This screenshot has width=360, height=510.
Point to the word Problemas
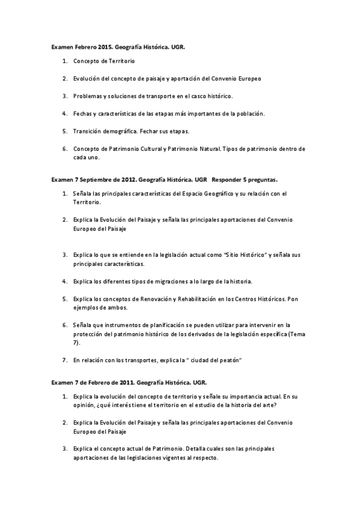87,96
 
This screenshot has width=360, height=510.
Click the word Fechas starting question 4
83,113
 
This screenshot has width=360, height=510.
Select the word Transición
88,131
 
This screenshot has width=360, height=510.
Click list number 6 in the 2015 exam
64,148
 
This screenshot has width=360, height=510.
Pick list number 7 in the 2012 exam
64,360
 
